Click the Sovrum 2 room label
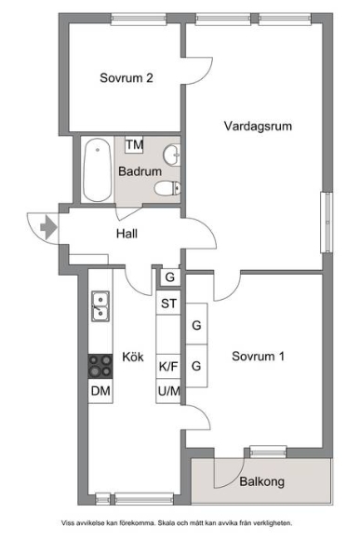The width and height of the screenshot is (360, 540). click(127, 78)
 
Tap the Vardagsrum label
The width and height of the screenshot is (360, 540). click(258, 126)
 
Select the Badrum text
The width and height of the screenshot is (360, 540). click(140, 171)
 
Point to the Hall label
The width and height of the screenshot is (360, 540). click(127, 234)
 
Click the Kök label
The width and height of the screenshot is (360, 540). click(133, 357)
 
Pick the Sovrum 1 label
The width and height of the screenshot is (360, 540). click(258, 356)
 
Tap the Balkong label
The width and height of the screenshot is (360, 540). click(262, 481)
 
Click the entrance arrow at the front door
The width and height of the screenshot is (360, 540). click(48, 227)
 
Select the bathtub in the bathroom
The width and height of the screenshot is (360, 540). click(98, 169)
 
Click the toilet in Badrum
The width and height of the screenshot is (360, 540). click(167, 188)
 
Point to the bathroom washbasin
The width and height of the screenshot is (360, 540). click(172, 155)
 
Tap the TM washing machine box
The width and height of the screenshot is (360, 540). click(134, 144)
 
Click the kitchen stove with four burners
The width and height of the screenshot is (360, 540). click(100, 367)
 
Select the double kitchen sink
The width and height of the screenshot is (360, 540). click(100, 306)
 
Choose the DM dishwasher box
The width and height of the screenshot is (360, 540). click(100, 391)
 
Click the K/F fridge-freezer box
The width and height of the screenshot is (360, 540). click(168, 367)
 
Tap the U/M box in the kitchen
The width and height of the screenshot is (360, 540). click(168, 391)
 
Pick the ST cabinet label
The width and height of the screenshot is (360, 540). click(168, 304)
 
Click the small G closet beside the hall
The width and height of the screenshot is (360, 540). click(170, 277)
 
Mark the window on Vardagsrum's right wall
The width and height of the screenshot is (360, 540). click(327, 223)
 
